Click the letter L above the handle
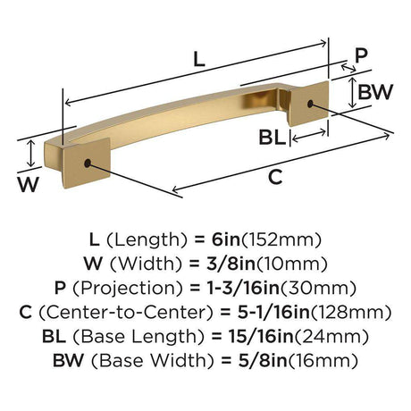click(x=199, y=59)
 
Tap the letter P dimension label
click(x=361, y=55)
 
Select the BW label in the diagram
click(x=375, y=92)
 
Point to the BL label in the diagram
click(x=272, y=138)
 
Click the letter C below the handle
click(x=275, y=177)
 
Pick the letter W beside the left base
click(x=28, y=184)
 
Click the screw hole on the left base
click(x=88, y=164)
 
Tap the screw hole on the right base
click(x=310, y=104)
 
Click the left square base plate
click(x=86, y=163)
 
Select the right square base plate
click(x=308, y=104)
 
